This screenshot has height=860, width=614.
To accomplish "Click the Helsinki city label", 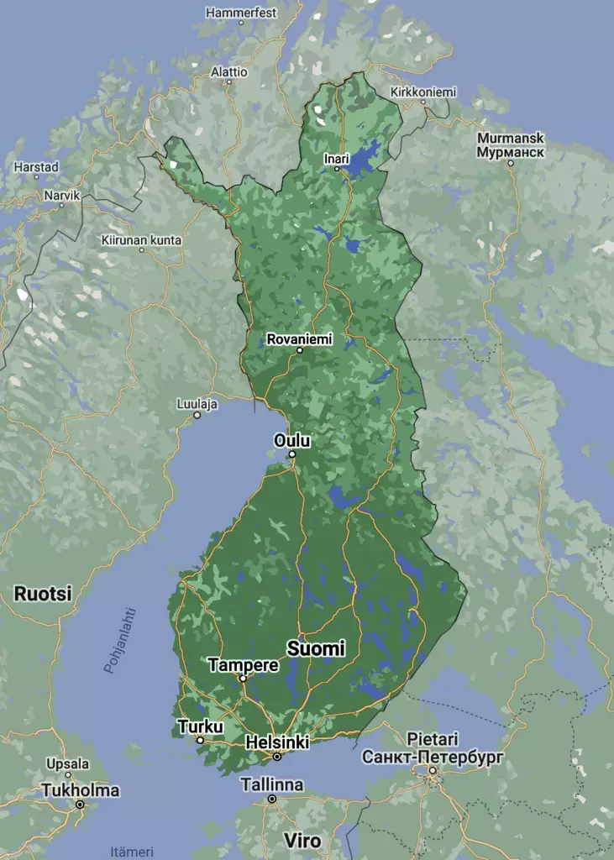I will (x=277, y=742).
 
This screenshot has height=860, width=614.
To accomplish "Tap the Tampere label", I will (x=243, y=665).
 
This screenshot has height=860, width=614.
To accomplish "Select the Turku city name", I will (x=200, y=726).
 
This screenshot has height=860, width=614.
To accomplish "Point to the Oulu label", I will (x=292, y=441).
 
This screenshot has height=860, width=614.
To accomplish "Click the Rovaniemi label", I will (x=299, y=339).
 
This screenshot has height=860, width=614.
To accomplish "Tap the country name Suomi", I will (x=316, y=648).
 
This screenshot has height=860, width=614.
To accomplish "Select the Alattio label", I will (x=229, y=72).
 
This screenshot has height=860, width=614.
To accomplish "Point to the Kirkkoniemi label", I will (x=423, y=92).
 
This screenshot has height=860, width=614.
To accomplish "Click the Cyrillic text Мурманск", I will (x=510, y=153).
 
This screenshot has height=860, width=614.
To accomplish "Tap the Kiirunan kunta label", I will (x=141, y=240).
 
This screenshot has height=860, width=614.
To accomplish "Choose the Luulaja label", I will (x=197, y=404).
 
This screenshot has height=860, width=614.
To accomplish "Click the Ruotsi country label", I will (x=43, y=594).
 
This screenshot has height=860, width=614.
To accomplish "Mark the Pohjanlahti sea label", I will (x=120, y=640).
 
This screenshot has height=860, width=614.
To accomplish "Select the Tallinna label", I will (x=271, y=785).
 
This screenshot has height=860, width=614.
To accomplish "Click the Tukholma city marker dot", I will (x=80, y=805).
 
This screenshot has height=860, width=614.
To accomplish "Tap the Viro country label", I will (x=302, y=841).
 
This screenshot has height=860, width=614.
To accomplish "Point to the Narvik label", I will (x=61, y=195).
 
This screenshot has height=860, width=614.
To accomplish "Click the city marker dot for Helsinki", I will (x=277, y=757).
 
